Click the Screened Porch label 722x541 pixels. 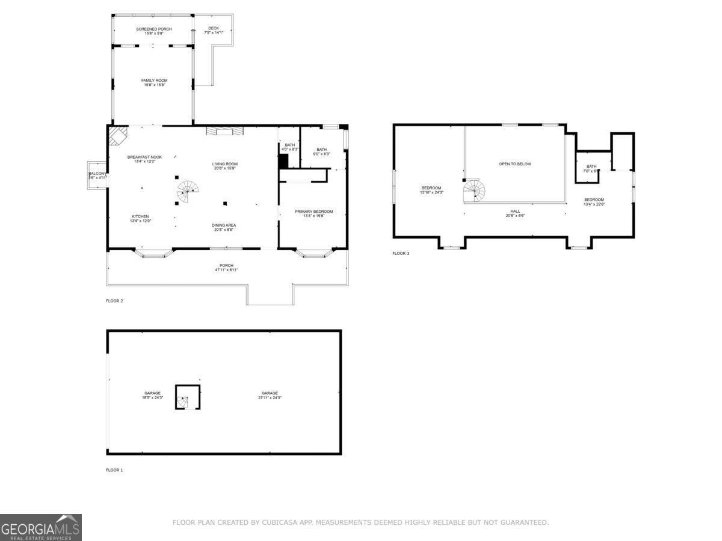click(153, 29)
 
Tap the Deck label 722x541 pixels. click(214, 28)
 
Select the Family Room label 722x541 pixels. click(154, 81)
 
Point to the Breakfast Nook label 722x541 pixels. click(144, 157)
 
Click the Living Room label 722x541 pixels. click(224, 164)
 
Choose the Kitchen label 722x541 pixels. click(140, 216)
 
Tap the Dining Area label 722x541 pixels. click(223, 225)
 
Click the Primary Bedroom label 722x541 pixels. click(313, 212)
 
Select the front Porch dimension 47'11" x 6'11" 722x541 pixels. click(226, 270)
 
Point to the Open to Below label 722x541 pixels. click(515, 164)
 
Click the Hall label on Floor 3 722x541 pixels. click(515, 211)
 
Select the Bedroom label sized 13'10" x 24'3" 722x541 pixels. click(431, 188)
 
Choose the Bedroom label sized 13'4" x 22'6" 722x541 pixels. click(594, 200)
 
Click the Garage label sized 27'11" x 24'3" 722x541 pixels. click(269, 393)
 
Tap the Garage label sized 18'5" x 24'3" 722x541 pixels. click(152, 393)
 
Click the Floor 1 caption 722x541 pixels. click(114, 470)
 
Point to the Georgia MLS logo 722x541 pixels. click(41, 527)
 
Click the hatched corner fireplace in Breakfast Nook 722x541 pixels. click(118, 135)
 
